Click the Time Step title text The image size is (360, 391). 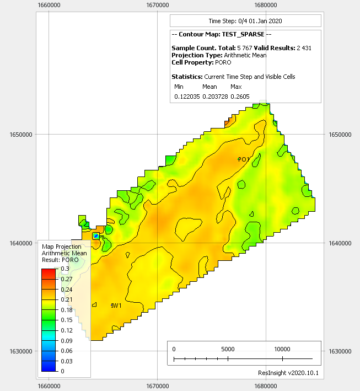pyautogui.click(x=245, y=21)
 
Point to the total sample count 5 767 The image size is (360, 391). pyautogui.click(x=246, y=48)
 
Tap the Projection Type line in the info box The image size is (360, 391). pyautogui.click(x=219, y=55)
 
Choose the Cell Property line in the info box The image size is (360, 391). pyautogui.click(x=201, y=62)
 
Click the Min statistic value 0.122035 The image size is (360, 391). pyautogui.click(x=187, y=97)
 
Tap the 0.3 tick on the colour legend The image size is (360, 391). pyautogui.click(x=65, y=269)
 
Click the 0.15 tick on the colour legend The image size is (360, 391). pyautogui.click(x=66, y=320)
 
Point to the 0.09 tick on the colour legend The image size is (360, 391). pyautogui.click(x=66, y=340)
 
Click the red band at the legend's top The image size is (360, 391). pyautogui.click(x=49, y=272)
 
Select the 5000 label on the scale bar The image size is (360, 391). pyautogui.click(x=228, y=349)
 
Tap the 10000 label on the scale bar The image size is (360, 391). pyautogui.click(x=282, y=349)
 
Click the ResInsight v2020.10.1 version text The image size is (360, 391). pyautogui.click(x=288, y=373)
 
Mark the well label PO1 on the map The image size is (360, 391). pyautogui.click(x=243, y=159)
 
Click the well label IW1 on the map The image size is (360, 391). pyautogui.click(x=116, y=306)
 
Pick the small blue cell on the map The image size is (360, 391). pyautogui.click(x=96, y=236)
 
